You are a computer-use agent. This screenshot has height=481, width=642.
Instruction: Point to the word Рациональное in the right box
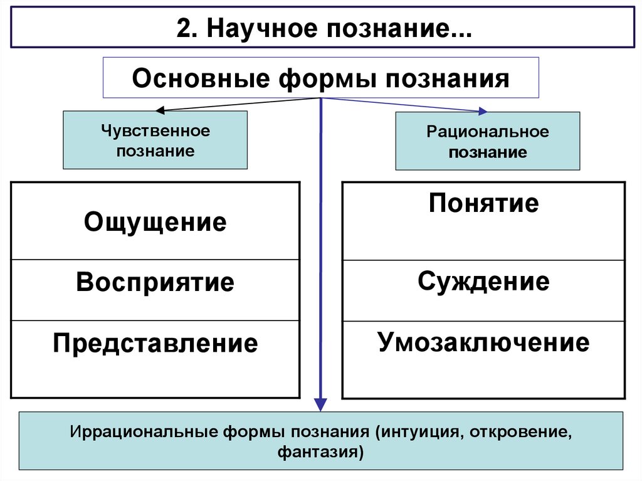(x=487, y=132)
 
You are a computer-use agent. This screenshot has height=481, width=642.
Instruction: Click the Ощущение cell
(x=155, y=221)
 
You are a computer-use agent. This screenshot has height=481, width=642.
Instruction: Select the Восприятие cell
(x=155, y=282)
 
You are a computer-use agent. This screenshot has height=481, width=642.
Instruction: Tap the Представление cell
(x=155, y=344)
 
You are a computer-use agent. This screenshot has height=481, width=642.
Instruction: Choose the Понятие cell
(x=483, y=204)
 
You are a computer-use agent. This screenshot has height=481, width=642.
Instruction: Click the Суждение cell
(x=483, y=282)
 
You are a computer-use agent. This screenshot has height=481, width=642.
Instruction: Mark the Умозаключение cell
(x=483, y=342)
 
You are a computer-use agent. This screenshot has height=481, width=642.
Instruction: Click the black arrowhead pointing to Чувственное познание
(x=160, y=111)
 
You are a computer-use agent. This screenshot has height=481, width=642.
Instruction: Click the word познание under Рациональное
(x=487, y=152)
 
